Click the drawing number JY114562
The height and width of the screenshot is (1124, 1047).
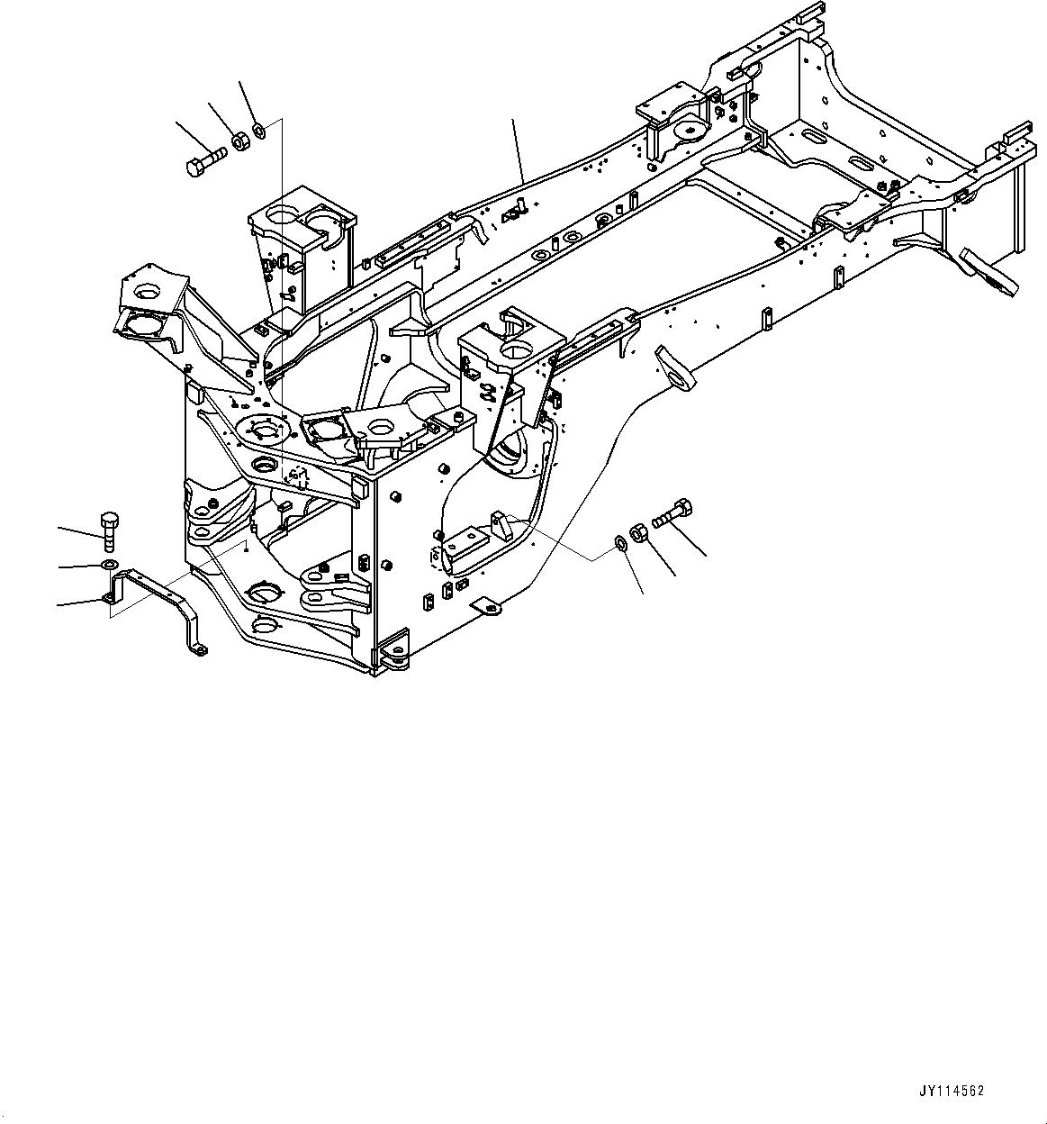(952, 1091)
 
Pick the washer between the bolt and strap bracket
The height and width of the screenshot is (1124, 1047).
(108, 565)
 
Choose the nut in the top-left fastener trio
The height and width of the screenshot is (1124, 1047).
(239, 140)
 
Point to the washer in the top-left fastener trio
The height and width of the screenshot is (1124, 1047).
(259, 131)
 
